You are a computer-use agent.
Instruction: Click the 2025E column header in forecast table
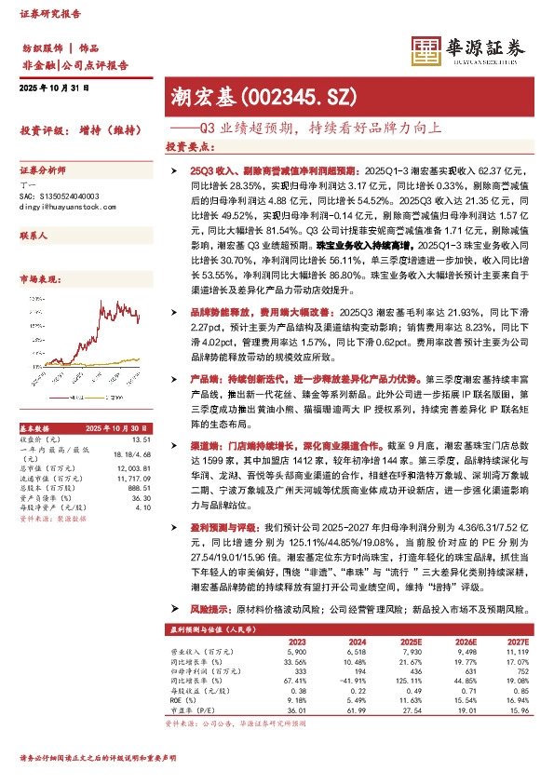(x=407, y=642)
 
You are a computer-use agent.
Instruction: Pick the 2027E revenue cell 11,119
(x=518, y=652)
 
